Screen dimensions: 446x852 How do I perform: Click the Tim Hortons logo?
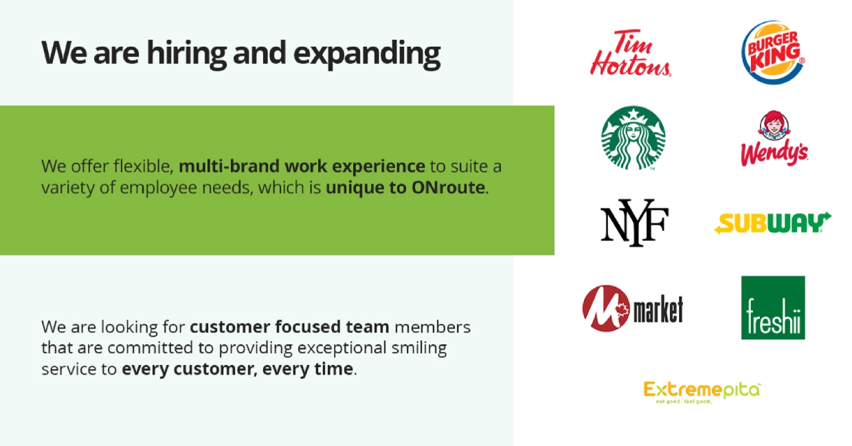630,53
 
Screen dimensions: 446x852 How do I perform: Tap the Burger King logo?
772,52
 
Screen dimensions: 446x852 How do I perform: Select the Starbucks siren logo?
633,137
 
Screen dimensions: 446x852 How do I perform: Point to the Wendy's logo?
774,140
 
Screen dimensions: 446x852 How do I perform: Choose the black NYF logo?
634,222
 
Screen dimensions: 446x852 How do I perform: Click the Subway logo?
772,223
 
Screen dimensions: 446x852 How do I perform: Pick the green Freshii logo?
773,308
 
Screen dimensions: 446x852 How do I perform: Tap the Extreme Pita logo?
702,391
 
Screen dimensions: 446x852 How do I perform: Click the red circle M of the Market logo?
603,309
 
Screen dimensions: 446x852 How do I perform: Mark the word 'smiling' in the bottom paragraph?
418,348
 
